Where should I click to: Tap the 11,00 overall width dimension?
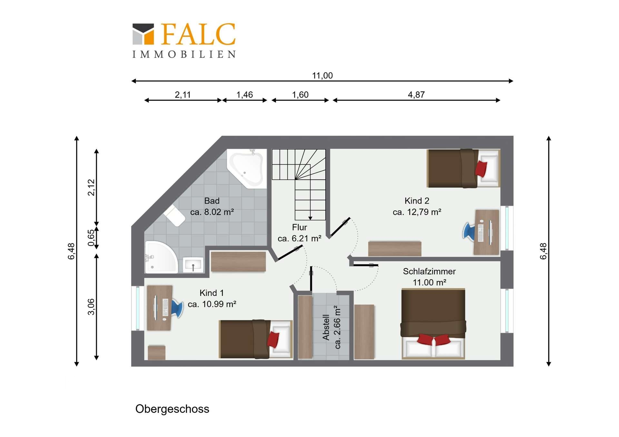coord(322,76)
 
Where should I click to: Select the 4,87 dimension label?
coord(416,95)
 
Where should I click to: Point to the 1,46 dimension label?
coord(244,95)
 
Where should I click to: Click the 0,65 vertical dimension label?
coord(92,238)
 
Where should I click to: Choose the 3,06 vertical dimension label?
coord(92,307)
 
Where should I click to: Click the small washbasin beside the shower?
coord(193,265)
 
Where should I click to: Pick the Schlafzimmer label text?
coord(429,271)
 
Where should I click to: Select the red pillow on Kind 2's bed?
coord(481,169)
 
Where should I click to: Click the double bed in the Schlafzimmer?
coord(433,324)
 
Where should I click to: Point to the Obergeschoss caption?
coord(172,409)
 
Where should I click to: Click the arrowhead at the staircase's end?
coord(310,218)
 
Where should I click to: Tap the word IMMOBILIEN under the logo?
coord(184,54)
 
